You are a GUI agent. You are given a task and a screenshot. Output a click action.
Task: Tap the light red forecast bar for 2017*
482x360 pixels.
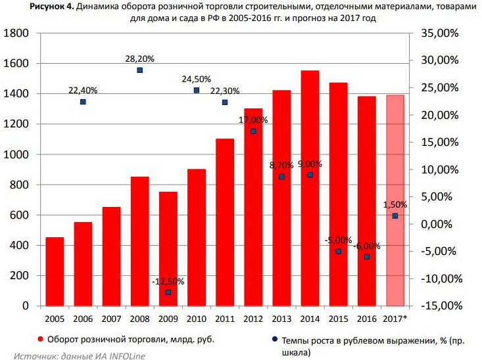pyautogui.click(x=395, y=200)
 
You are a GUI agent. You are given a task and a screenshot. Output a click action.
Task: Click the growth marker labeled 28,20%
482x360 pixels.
pyautogui.click(x=139, y=70)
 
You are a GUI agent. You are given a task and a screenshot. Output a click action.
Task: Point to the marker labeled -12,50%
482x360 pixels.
pyautogui.click(x=168, y=292)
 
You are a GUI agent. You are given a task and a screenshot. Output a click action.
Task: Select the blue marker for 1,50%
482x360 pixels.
pyautogui.click(x=395, y=216)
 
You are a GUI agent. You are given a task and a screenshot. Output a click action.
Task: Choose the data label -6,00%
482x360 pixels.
pyautogui.click(x=366, y=246)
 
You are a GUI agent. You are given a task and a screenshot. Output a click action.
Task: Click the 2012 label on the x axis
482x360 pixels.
pyautogui.click(x=253, y=319)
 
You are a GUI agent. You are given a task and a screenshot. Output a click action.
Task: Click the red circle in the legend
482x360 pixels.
pyautogui.click(x=40, y=340)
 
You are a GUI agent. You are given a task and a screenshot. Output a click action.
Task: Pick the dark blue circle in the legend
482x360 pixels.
pyautogui.click(x=274, y=340)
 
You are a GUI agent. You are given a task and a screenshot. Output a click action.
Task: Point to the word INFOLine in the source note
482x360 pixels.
pyautogui.click(x=124, y=355)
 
